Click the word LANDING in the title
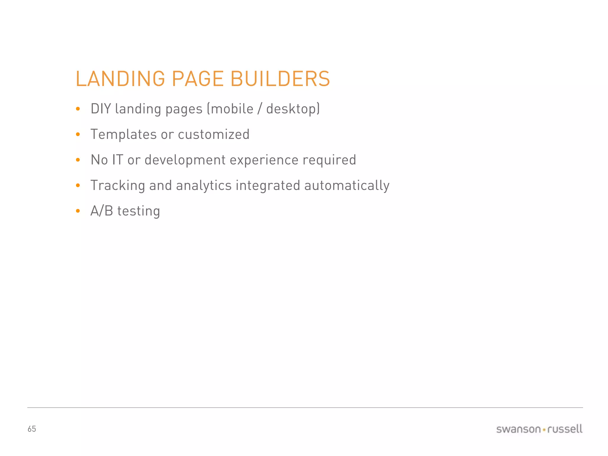120,79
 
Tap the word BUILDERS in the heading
280,79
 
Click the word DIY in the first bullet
101,109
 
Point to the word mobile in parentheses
232,109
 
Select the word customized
213,134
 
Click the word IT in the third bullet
117,160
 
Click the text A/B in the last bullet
102,211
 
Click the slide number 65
32,429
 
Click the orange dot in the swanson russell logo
544,430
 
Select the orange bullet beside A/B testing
78,211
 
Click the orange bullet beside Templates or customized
78,134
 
